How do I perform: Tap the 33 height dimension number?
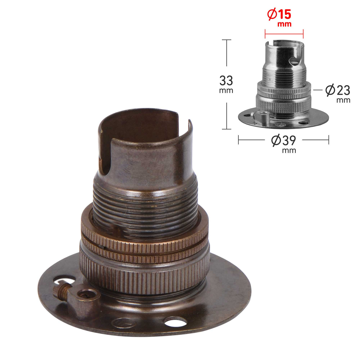226,81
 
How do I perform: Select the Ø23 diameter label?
338,90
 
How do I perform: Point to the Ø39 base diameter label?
284,140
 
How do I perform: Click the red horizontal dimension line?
284,34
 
